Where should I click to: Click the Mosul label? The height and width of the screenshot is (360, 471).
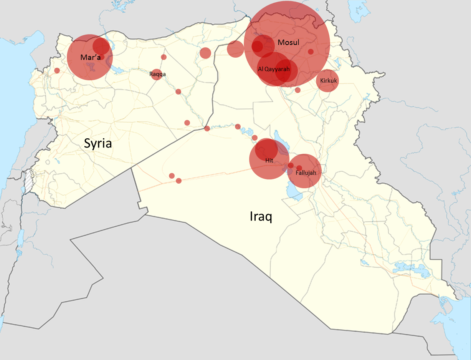[x=288, y=43]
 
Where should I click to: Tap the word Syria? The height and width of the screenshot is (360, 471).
[x=98, y=144]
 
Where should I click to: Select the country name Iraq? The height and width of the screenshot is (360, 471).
[x=261, y=217]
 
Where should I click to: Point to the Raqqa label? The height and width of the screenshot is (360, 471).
[x=157, y=74]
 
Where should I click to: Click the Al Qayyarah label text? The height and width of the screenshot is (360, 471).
[x=274, y=69]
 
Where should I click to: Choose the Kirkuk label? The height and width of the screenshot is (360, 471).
[x=328, y=81]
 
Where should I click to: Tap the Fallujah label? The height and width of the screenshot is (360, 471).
[x=306, y=173]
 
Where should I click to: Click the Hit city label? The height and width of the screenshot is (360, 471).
[x=269, y=161]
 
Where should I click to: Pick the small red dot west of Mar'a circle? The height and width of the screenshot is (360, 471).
[x=57, y=70]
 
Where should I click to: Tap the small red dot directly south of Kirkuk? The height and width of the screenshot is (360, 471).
[x=297, y=90]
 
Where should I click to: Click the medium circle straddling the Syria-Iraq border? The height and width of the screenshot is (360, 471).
[x=235, y=49]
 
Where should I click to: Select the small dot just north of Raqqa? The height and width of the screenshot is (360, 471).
[x=164, y=57]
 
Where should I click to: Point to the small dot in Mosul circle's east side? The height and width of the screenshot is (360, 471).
[x=311, y=51]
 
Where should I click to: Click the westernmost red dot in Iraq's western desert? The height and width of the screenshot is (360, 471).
[x=172, y=176]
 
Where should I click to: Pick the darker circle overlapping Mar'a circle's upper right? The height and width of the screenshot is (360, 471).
[x=101, y=46]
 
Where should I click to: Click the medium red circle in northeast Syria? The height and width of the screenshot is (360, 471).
[x=205, y=53]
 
